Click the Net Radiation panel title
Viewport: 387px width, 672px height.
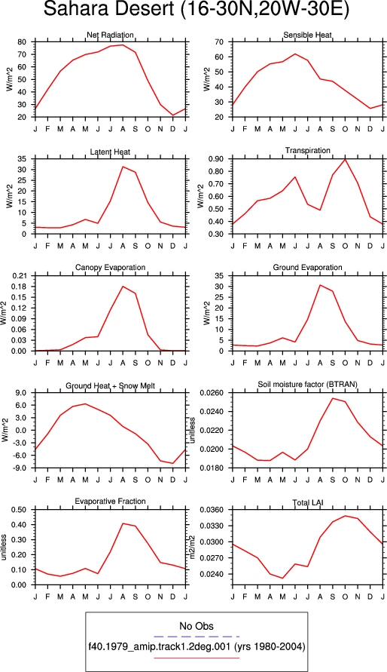pos(111,35)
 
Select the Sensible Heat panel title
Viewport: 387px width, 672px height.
pos(307,35)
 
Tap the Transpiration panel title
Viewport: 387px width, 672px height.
pos(308,150)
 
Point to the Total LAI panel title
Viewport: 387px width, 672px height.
pos(308,502)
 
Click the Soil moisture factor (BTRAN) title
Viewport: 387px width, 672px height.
pos(307,385)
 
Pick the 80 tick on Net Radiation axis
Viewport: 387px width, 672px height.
pos(23,42)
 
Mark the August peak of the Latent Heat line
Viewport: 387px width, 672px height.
pos(123,167)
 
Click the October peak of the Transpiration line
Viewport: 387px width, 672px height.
pos(345,159)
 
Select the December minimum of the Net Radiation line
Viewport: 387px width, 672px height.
pos(172,115)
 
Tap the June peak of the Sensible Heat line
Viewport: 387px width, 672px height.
pos(295,54)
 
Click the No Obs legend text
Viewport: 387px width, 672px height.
pos(197,626)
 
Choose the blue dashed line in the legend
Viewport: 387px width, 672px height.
pos(197,637)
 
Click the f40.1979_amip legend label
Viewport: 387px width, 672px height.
pos(197,647)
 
